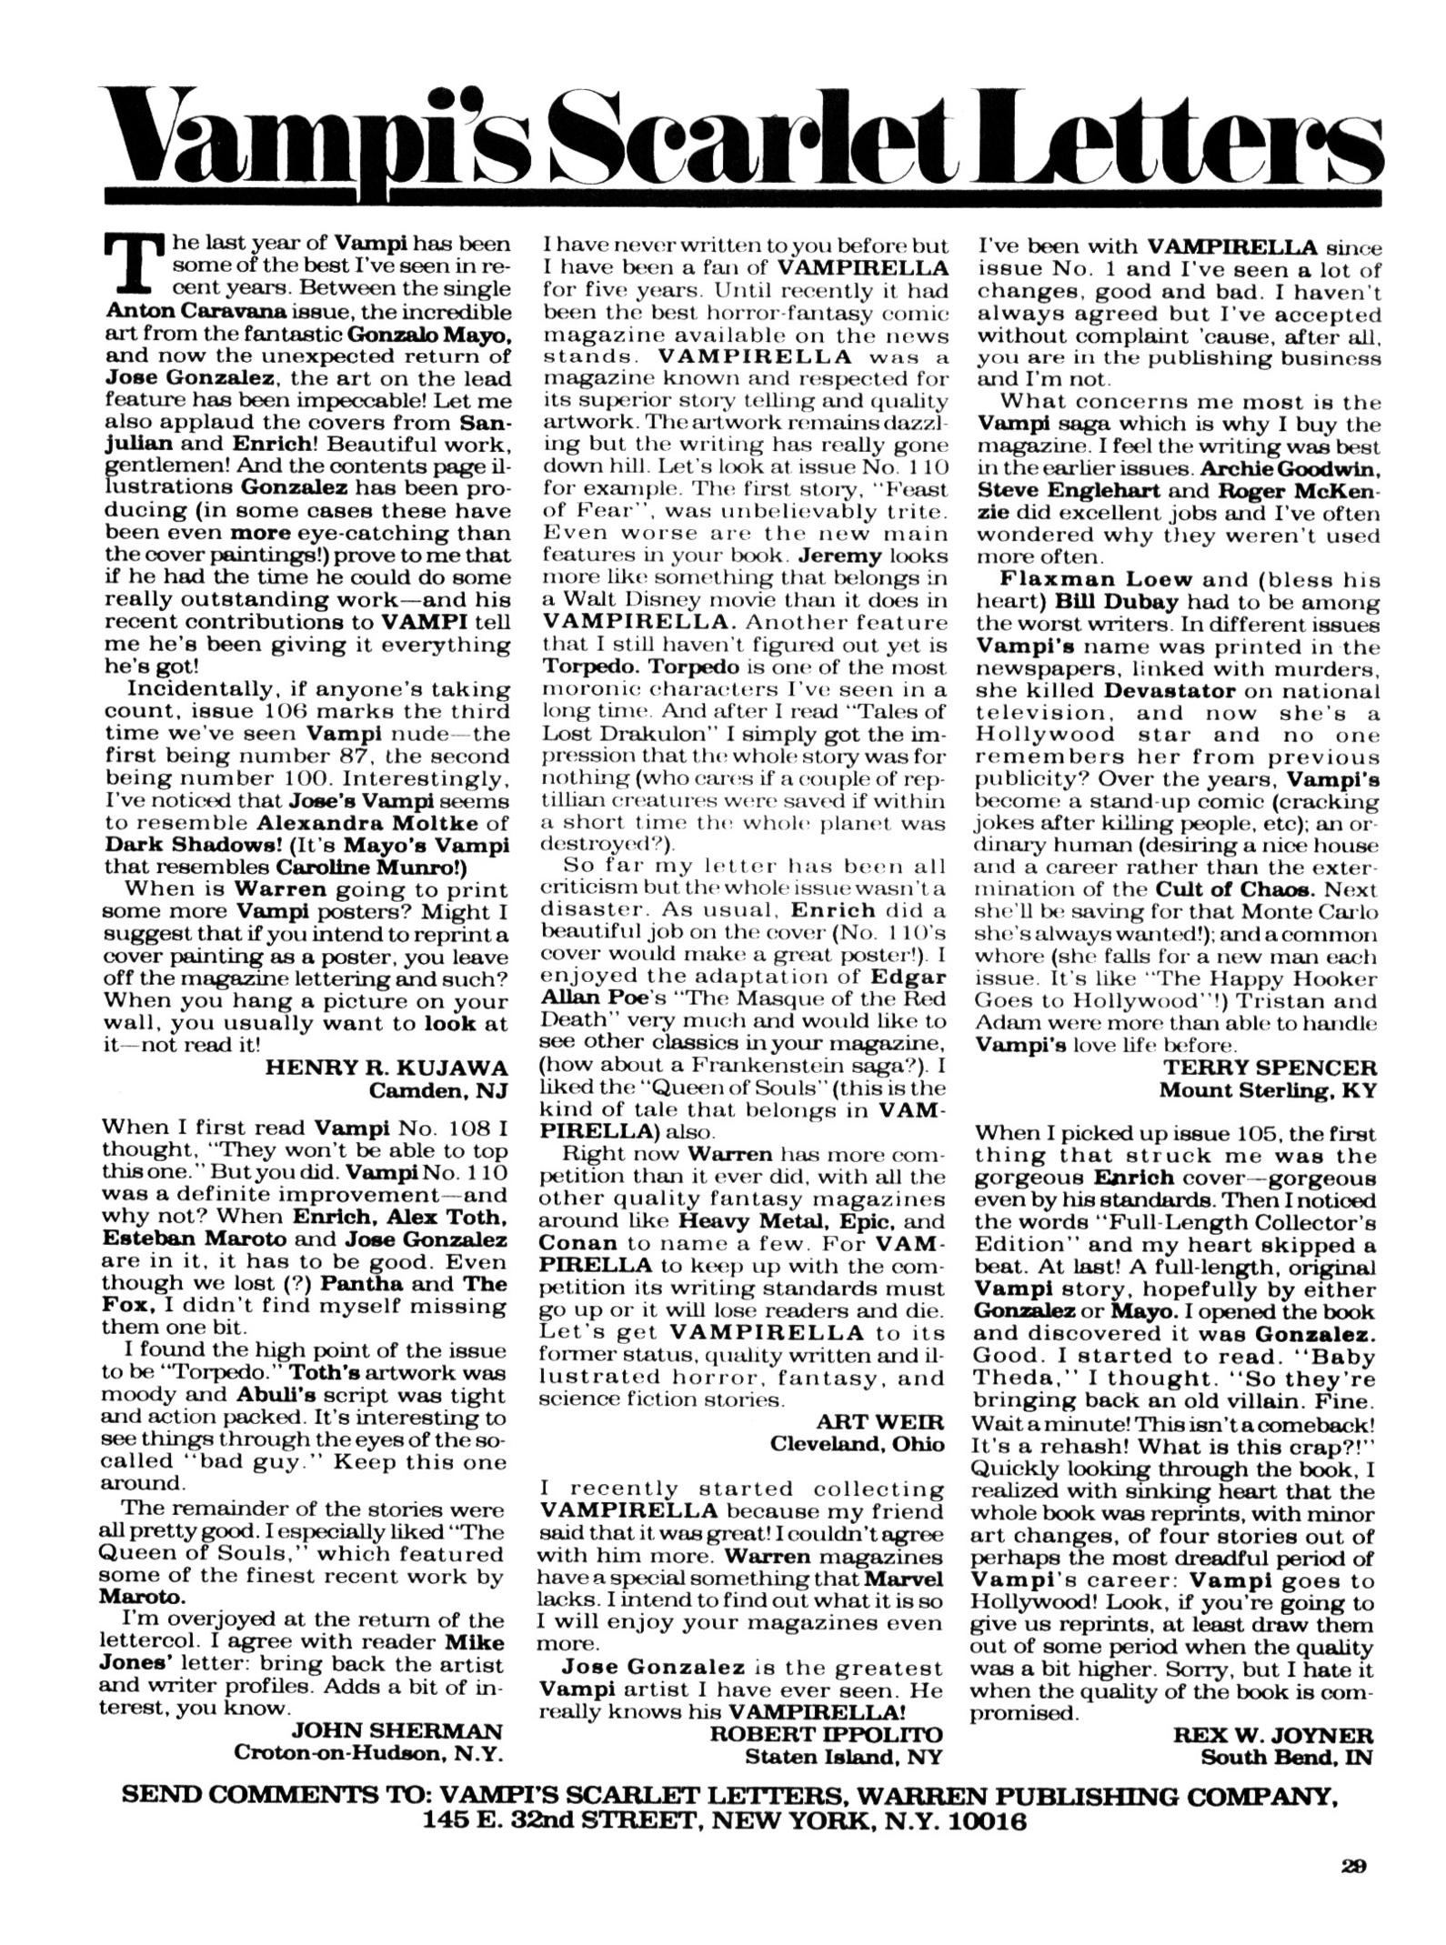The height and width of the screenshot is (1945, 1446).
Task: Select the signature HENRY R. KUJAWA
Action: [x=385, y=1068]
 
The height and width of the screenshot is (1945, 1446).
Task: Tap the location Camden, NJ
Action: [x=437, y=1090]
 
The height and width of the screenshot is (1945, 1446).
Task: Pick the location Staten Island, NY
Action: [x=843, y=1756]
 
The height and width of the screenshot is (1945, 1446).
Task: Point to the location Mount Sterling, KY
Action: [x=1268, y=1090]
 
